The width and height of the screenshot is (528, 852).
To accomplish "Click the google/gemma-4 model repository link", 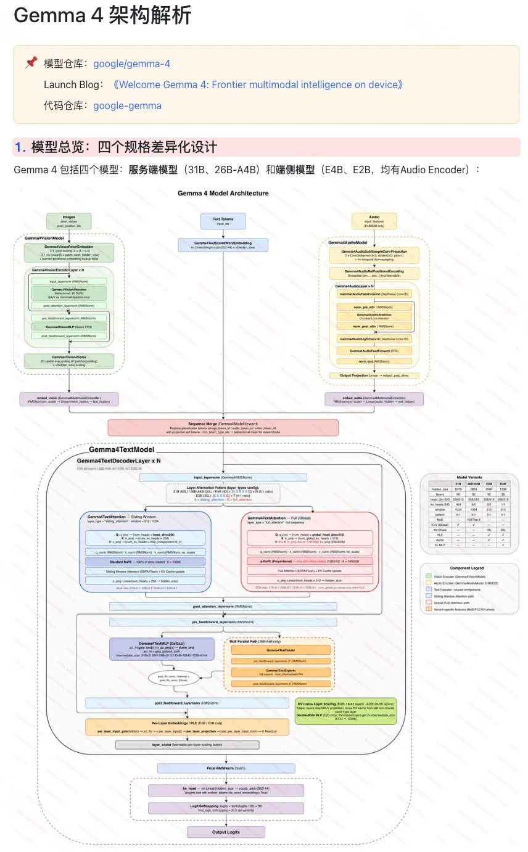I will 131,63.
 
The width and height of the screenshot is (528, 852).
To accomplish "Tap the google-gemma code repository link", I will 127,105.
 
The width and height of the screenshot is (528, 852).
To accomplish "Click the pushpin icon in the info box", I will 30,63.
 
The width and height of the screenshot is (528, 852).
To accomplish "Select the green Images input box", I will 68,221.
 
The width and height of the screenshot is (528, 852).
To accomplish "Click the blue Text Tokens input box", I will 223,221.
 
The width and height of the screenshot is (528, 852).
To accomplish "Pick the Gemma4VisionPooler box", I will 68,361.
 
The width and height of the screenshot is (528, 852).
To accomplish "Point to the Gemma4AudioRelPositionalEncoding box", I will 374,273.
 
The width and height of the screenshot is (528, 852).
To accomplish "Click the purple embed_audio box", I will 374,399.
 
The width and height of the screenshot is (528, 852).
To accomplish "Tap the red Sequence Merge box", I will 223,427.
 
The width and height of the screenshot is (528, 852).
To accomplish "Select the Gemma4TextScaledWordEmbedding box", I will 223,245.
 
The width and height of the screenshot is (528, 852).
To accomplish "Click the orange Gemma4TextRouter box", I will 281,650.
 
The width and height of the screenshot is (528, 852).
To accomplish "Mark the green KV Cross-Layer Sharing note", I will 345,711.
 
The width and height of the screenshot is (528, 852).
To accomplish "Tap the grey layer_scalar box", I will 183,745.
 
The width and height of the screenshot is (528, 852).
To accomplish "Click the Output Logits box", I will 226,832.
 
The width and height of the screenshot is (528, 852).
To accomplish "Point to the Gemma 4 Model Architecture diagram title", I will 223,193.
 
